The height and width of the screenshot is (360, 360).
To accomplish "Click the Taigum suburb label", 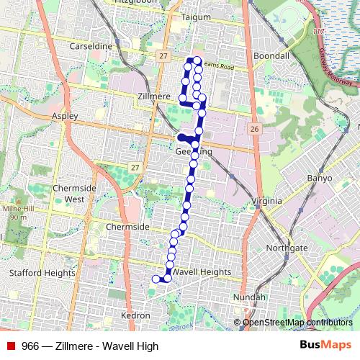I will (x=197, y=17).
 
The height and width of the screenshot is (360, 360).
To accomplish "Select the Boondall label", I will (x=271, y=55).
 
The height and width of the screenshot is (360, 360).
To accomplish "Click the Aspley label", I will (x=64, y=115).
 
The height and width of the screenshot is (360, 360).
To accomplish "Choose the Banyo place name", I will (x=320, y=178).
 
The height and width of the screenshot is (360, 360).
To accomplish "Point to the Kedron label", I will (x=136, y=315).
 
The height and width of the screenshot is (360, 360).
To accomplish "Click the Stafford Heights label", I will (x=42, y=273).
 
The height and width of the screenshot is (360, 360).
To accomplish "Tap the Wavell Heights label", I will (x=202, y=272).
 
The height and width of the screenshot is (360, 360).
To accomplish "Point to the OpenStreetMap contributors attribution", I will (x=297, y=323).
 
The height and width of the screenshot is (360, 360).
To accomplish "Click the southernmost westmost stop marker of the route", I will (x=155, y=279).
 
